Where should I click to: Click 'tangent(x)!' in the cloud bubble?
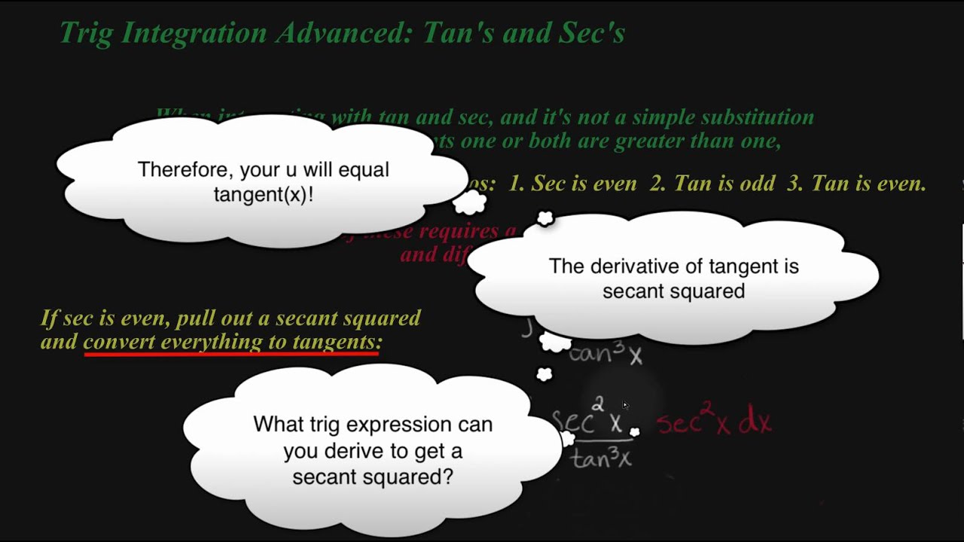pyautogui.click(x=263, y=194)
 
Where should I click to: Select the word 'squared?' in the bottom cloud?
pyautogui.click(x=411, y=477)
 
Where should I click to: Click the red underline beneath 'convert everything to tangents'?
pyautogui.click(x=231, y=352)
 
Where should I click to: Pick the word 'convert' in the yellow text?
pyautogui.click(x=120, y=342)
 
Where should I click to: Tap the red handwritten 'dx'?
pyautogui.click(x=755, y=423)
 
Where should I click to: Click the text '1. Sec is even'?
pyautogui.click(x=572, y=184)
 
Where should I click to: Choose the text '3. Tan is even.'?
pyautogui.click(x=856, y=184)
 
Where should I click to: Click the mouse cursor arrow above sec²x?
pyautogui.click(x=625, y=405)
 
